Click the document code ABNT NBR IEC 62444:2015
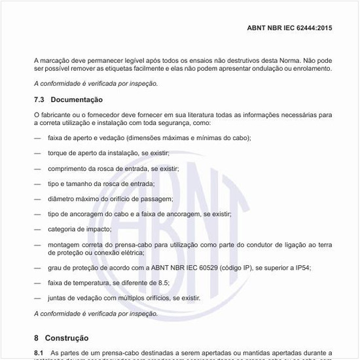289,29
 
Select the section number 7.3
39,99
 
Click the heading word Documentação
77,99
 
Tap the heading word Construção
67,338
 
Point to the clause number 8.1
39,352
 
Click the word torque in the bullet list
58,153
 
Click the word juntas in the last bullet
58,298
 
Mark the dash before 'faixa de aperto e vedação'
37,138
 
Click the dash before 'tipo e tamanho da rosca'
37,184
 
